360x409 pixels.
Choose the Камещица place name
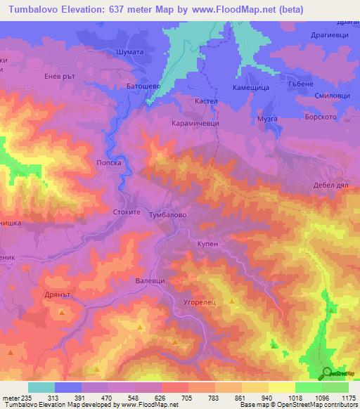pyautogui.click(x=248, y=87)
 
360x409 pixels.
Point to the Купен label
pyautogui.click(x=207, y=241)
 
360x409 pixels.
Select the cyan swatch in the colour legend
pyautogui.click(x=41, y=387)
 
